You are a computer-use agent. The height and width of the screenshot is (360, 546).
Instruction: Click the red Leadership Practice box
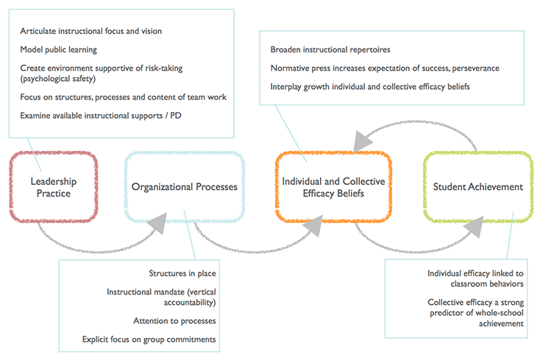pyautogui.click(x=53, y=186)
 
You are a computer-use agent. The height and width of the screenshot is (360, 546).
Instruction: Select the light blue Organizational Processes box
pyautogui.click(x=184, y=186)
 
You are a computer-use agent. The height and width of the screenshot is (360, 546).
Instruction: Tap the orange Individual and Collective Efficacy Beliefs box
pyautogui.click(x=333, y=186)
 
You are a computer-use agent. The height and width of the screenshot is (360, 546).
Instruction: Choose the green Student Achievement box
pyautogui.click(x=478, y=186)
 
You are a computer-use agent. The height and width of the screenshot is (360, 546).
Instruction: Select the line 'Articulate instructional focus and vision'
pyautogui.click(x=91, y=31)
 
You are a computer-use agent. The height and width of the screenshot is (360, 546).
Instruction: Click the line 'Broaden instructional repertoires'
pyautogui.click(x=330, y=49)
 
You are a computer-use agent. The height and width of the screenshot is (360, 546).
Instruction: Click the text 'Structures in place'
pyautogui.click(x=182, y=273)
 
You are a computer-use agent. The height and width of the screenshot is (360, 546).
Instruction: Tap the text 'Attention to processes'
pyautogui.click(x=174, y=321)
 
